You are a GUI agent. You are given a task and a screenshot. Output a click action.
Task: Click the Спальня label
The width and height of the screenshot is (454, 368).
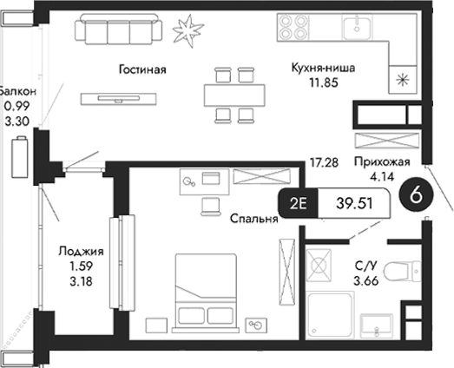point(253,220)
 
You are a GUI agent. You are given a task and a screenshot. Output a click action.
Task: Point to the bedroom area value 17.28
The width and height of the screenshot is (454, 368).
point(323,161)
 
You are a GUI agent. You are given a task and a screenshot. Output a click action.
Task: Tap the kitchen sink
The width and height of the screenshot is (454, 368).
point(355,28)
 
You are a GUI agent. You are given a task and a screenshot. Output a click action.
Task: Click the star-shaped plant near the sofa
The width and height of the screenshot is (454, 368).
point(185,31)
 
